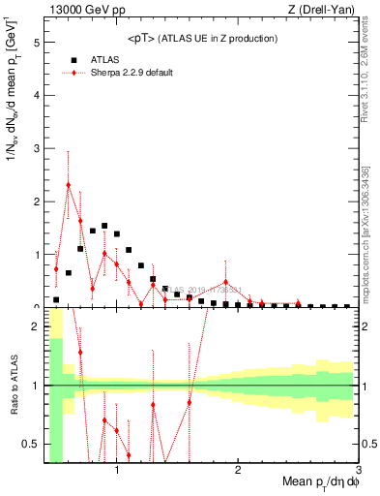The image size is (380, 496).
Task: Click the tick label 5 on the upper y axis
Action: click(36, 44)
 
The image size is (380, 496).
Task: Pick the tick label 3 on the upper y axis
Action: click(36, 149)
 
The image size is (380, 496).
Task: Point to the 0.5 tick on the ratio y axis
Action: click(31, 444)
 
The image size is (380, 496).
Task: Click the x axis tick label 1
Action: click(117, 470)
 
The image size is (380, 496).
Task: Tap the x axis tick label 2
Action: click(238, 470)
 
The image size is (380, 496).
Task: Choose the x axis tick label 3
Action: click(358, 470)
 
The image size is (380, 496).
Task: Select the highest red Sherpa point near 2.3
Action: click(69, 185)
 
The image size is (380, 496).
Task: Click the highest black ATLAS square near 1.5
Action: click(104, 226)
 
